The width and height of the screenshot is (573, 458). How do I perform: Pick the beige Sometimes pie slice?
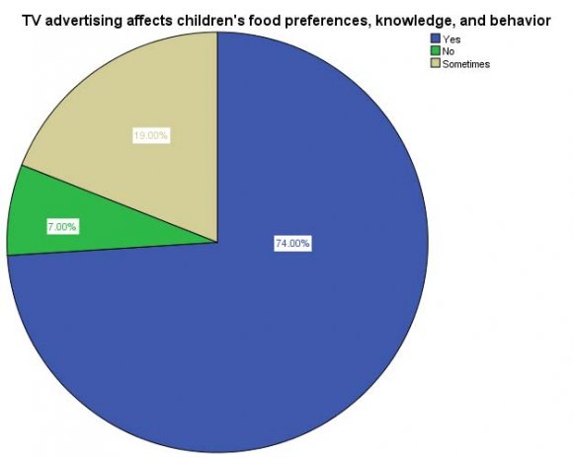click(138, 109)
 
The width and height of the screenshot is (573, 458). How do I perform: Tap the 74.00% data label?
click(292, 243)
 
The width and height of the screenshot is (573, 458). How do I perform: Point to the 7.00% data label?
click(61, 227)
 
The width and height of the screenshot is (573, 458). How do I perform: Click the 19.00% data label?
click(151, 135)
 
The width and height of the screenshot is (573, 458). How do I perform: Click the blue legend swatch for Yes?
click(436, 39)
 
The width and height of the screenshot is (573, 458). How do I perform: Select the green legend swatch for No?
click(436, 51)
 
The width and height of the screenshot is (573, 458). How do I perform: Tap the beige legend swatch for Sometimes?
click(436, 64)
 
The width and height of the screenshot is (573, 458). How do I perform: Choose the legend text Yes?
click(452, 39)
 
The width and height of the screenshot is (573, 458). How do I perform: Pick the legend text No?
click(450, 51)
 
